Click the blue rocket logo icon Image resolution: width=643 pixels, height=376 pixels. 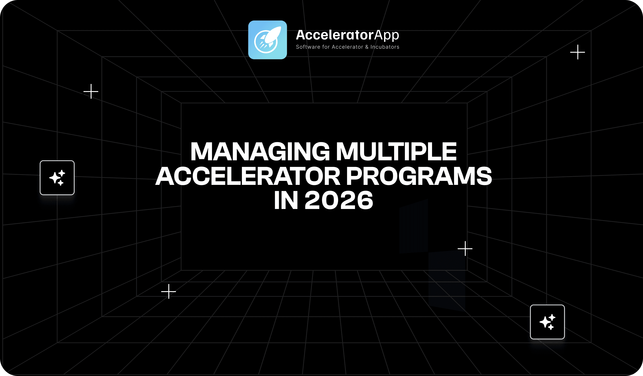(x=267, y=40)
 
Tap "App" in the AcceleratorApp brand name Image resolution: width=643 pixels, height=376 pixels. (x=387, y=36)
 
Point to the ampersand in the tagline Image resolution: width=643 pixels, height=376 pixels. (x=367, y=47)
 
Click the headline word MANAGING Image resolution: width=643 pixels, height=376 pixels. (x=260, y=152)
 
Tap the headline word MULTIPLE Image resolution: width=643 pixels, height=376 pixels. (x=396, y=152)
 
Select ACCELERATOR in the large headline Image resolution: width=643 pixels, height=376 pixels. (x=248, y=176)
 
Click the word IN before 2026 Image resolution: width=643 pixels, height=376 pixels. (x=286, y=200)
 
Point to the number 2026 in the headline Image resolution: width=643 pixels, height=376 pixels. (x=339, y=200)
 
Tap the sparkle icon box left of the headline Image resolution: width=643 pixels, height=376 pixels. (x=57, y=178)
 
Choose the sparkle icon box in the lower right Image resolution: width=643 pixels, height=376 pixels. (x=547, y=322)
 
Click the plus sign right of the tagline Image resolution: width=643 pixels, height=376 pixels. (x=578, y=52)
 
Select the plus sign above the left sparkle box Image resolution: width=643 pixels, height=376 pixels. (x=91, y=91)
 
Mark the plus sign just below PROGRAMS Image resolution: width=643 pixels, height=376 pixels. (x=465, y=249)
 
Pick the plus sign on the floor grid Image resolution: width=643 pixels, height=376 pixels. (x=169, y=291)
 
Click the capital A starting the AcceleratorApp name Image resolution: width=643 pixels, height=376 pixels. (x=301, y=35)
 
